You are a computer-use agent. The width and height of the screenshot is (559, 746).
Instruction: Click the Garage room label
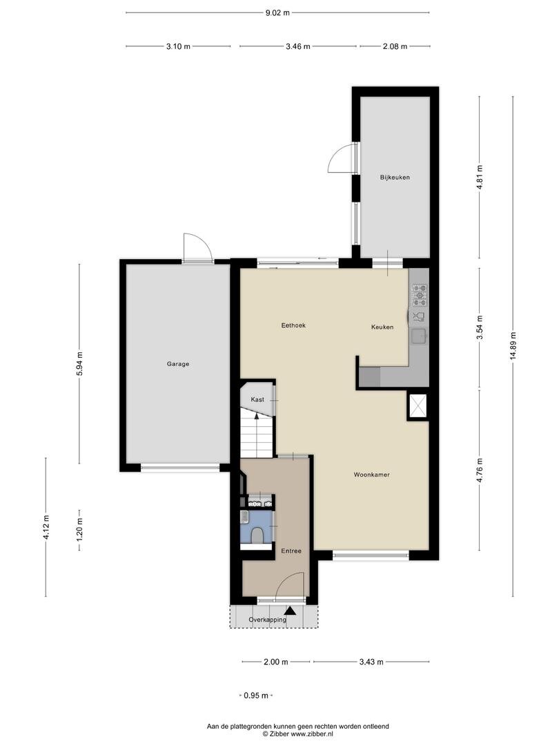coord(178,364)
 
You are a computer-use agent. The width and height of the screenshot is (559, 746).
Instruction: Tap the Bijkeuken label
coord(395,178)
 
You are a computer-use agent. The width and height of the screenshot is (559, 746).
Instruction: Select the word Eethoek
coord(293,325)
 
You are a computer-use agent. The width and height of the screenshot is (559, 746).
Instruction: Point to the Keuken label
coord(382,327)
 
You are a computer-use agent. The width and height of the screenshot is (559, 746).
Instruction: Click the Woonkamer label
coord(372,475)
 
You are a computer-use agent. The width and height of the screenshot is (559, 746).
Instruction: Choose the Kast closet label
coord(257,400)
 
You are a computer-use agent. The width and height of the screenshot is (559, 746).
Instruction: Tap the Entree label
coord(291,551)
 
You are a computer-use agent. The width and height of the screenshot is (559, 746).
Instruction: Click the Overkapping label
coord(268,620)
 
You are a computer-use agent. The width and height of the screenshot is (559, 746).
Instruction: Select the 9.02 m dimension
coord(277,13)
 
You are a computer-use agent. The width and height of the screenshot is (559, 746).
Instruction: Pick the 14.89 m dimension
coord(513,346)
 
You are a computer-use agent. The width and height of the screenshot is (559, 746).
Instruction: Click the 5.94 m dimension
coord(79,364)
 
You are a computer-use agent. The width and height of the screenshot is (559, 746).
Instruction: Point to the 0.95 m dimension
coord(256,696)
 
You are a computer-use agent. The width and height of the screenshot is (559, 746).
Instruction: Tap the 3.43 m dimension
coord(371,662)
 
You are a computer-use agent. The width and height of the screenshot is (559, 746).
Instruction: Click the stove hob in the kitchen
coord(420,295)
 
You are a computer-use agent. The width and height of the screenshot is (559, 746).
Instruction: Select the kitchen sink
coord(420,336)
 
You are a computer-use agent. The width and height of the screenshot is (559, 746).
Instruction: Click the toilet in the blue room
coord(258,535)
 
